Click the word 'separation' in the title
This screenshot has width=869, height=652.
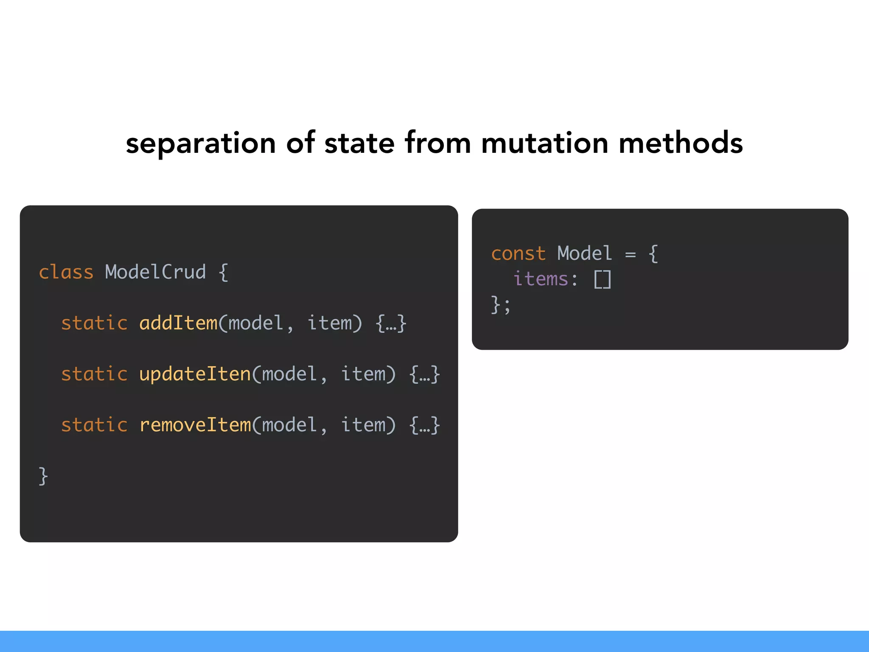pos(201,143)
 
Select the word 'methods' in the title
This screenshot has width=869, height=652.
pos(681,143)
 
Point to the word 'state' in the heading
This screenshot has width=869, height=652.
pos(359,143)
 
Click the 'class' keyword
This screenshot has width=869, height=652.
pos(66,272)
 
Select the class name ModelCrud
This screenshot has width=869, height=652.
pos(155,272)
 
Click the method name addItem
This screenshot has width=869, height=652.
pos(178,323)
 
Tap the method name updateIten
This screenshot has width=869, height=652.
pos(195,374)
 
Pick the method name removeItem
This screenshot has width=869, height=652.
pos(195,425)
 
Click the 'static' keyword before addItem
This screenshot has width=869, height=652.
pos(94,323)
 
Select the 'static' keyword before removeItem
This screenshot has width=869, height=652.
pos(94,425)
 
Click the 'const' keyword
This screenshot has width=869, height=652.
pos(518,254)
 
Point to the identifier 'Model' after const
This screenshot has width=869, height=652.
pos(585,254)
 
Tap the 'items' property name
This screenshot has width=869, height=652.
pos(541,279)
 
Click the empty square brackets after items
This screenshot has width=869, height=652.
pos(603,280)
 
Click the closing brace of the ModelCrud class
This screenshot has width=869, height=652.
pos(43,476)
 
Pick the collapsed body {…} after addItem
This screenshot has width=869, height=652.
pos(391,323)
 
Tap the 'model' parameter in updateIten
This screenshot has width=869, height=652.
pos(289,374)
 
